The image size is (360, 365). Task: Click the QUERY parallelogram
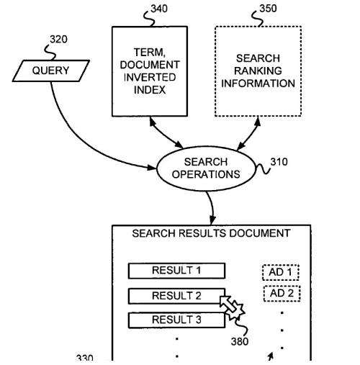point(51,71)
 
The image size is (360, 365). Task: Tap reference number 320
point(58,40)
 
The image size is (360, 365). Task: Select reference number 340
point(159,9)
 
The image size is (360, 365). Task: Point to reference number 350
point(268,9)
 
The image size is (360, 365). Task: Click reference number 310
point(279,162)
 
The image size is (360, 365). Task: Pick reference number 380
point(240,341)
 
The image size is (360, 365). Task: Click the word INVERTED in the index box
point(150,77)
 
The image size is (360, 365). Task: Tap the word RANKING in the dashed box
point(258,71)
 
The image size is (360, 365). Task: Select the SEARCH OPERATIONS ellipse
point(206,168)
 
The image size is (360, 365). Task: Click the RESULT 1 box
point(176,271)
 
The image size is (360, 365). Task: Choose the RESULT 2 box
point(176,296)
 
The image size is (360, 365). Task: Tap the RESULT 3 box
point(176,320)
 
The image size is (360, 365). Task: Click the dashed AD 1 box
point(281,272)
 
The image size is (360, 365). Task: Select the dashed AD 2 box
point(282,293)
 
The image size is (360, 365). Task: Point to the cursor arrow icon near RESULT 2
point(228,305)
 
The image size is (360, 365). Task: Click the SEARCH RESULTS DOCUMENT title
point(211,233)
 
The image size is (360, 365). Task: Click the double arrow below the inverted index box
point(166,132)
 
